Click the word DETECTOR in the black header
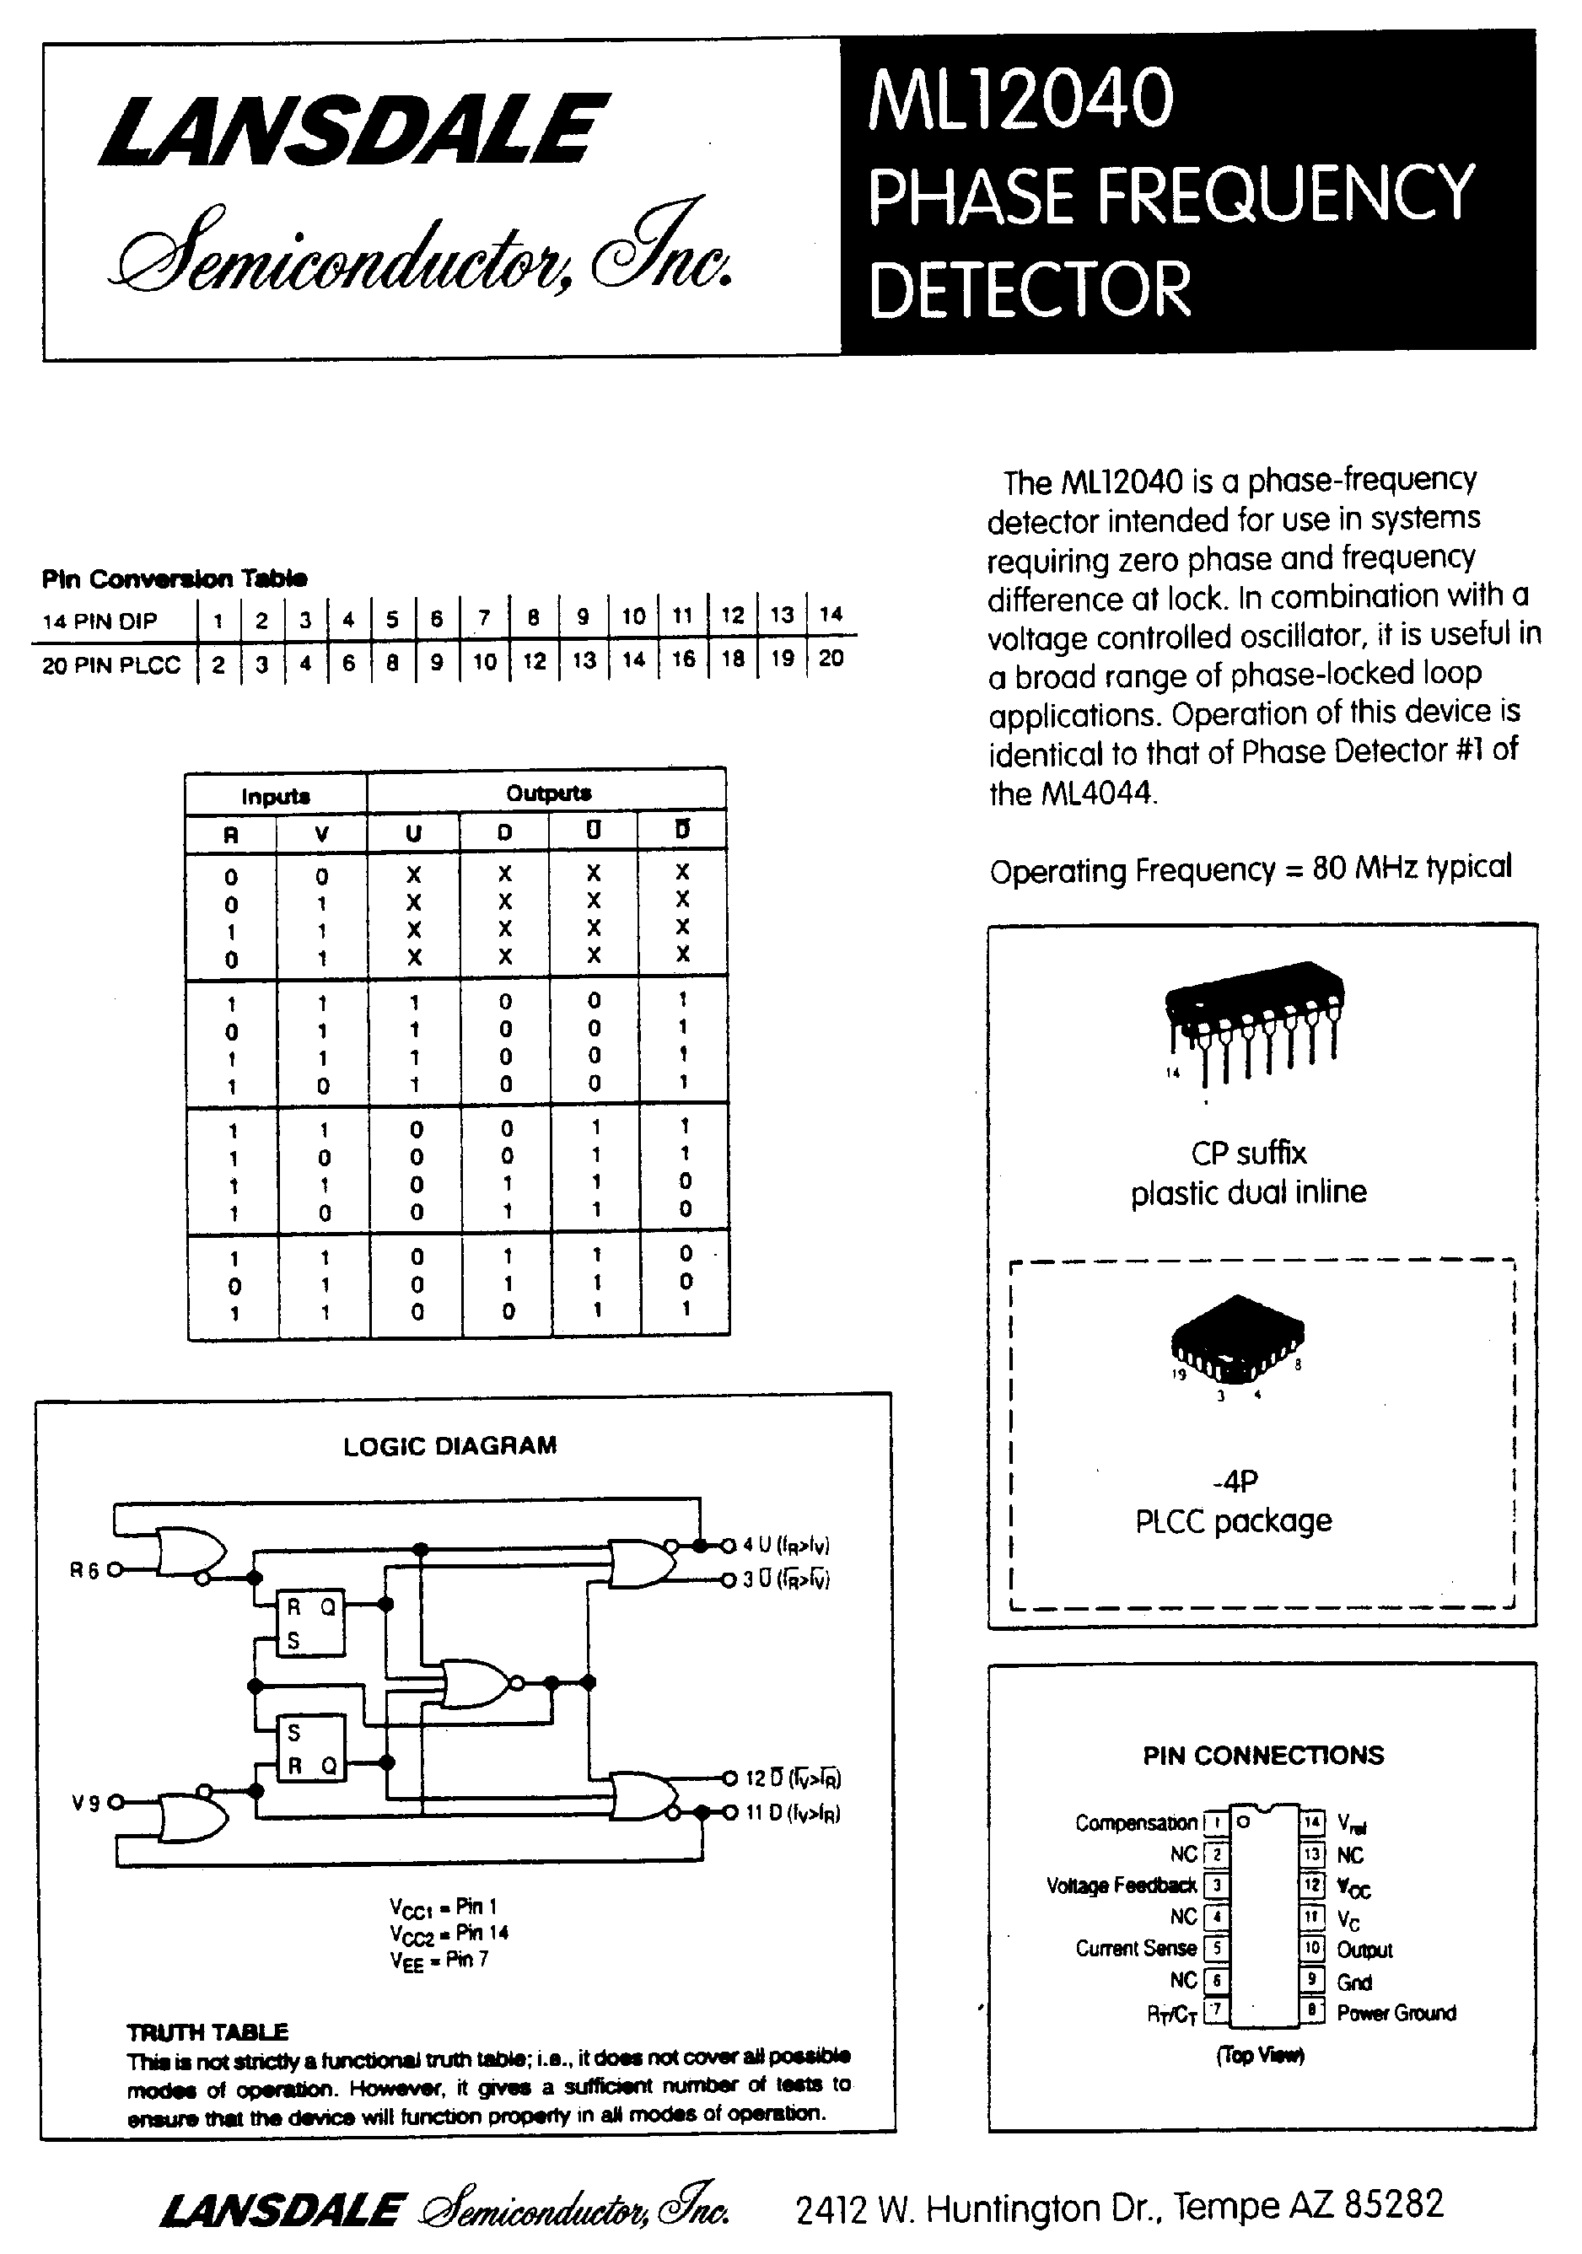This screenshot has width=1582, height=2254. pyautogui.click(x=1029, y=289)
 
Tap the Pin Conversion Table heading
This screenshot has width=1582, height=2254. pyautogui.click(x=174, y=579)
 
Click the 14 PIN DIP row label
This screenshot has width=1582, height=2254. pyautogui.click(x=100, y=621)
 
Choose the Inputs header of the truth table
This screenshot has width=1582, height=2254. pyautogui.click(x=275, y=796)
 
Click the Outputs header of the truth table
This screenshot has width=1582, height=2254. pyautogui.click(x=548, y=793)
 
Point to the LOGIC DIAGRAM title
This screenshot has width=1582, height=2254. pyautogui.click(x=449, y=1445)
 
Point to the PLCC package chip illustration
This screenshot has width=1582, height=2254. pyautogui.click(x=1236, y=1336)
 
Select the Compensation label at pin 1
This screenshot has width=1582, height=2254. pyautogui.click(x=1135, y=1823)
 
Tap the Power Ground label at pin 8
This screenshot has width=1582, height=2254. pyautogui.click(x=1396, y=2013)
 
